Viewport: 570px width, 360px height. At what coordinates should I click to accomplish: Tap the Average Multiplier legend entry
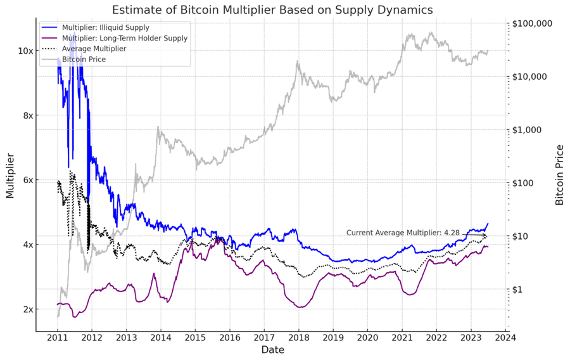click(x=94, y=49)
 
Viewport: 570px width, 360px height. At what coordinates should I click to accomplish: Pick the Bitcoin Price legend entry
click(x=84, y=59)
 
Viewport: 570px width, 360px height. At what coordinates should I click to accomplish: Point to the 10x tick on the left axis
click(x=25, y=51)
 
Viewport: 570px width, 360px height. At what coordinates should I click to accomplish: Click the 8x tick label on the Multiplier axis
click(x=27, y=115)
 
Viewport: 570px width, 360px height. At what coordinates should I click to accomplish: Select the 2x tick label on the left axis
click(x=27, y=309)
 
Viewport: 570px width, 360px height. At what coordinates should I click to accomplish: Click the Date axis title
click(x=272, y=350)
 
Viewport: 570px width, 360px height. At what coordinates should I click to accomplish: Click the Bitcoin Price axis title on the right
click(x=559, y=175)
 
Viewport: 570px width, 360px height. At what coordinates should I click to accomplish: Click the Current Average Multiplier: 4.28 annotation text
click(x=403, y=233)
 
